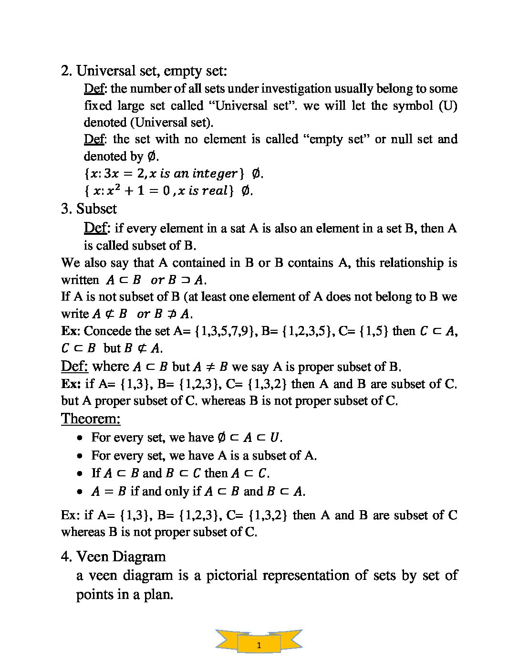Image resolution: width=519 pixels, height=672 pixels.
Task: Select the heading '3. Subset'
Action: [89, 209]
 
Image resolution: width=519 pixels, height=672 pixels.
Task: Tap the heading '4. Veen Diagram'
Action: [114, 556]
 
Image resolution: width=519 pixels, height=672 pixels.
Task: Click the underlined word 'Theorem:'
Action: [91, 419]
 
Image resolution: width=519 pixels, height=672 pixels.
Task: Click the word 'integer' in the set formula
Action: [210, 173]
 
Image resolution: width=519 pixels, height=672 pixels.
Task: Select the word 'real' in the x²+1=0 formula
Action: [215, 191]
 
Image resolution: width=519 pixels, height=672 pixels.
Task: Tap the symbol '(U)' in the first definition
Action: [447, 105]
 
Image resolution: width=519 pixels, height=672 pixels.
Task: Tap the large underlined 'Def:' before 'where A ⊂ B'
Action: [74, 366]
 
